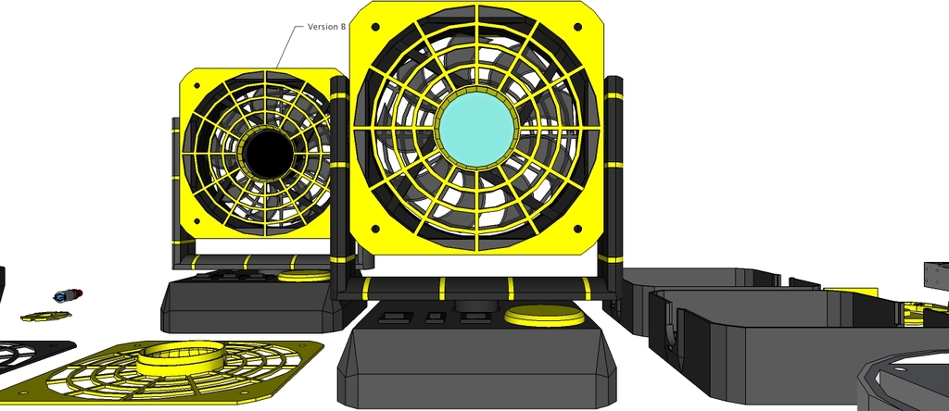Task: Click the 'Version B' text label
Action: tap(326, 27)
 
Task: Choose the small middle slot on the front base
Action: tap(434, 319)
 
